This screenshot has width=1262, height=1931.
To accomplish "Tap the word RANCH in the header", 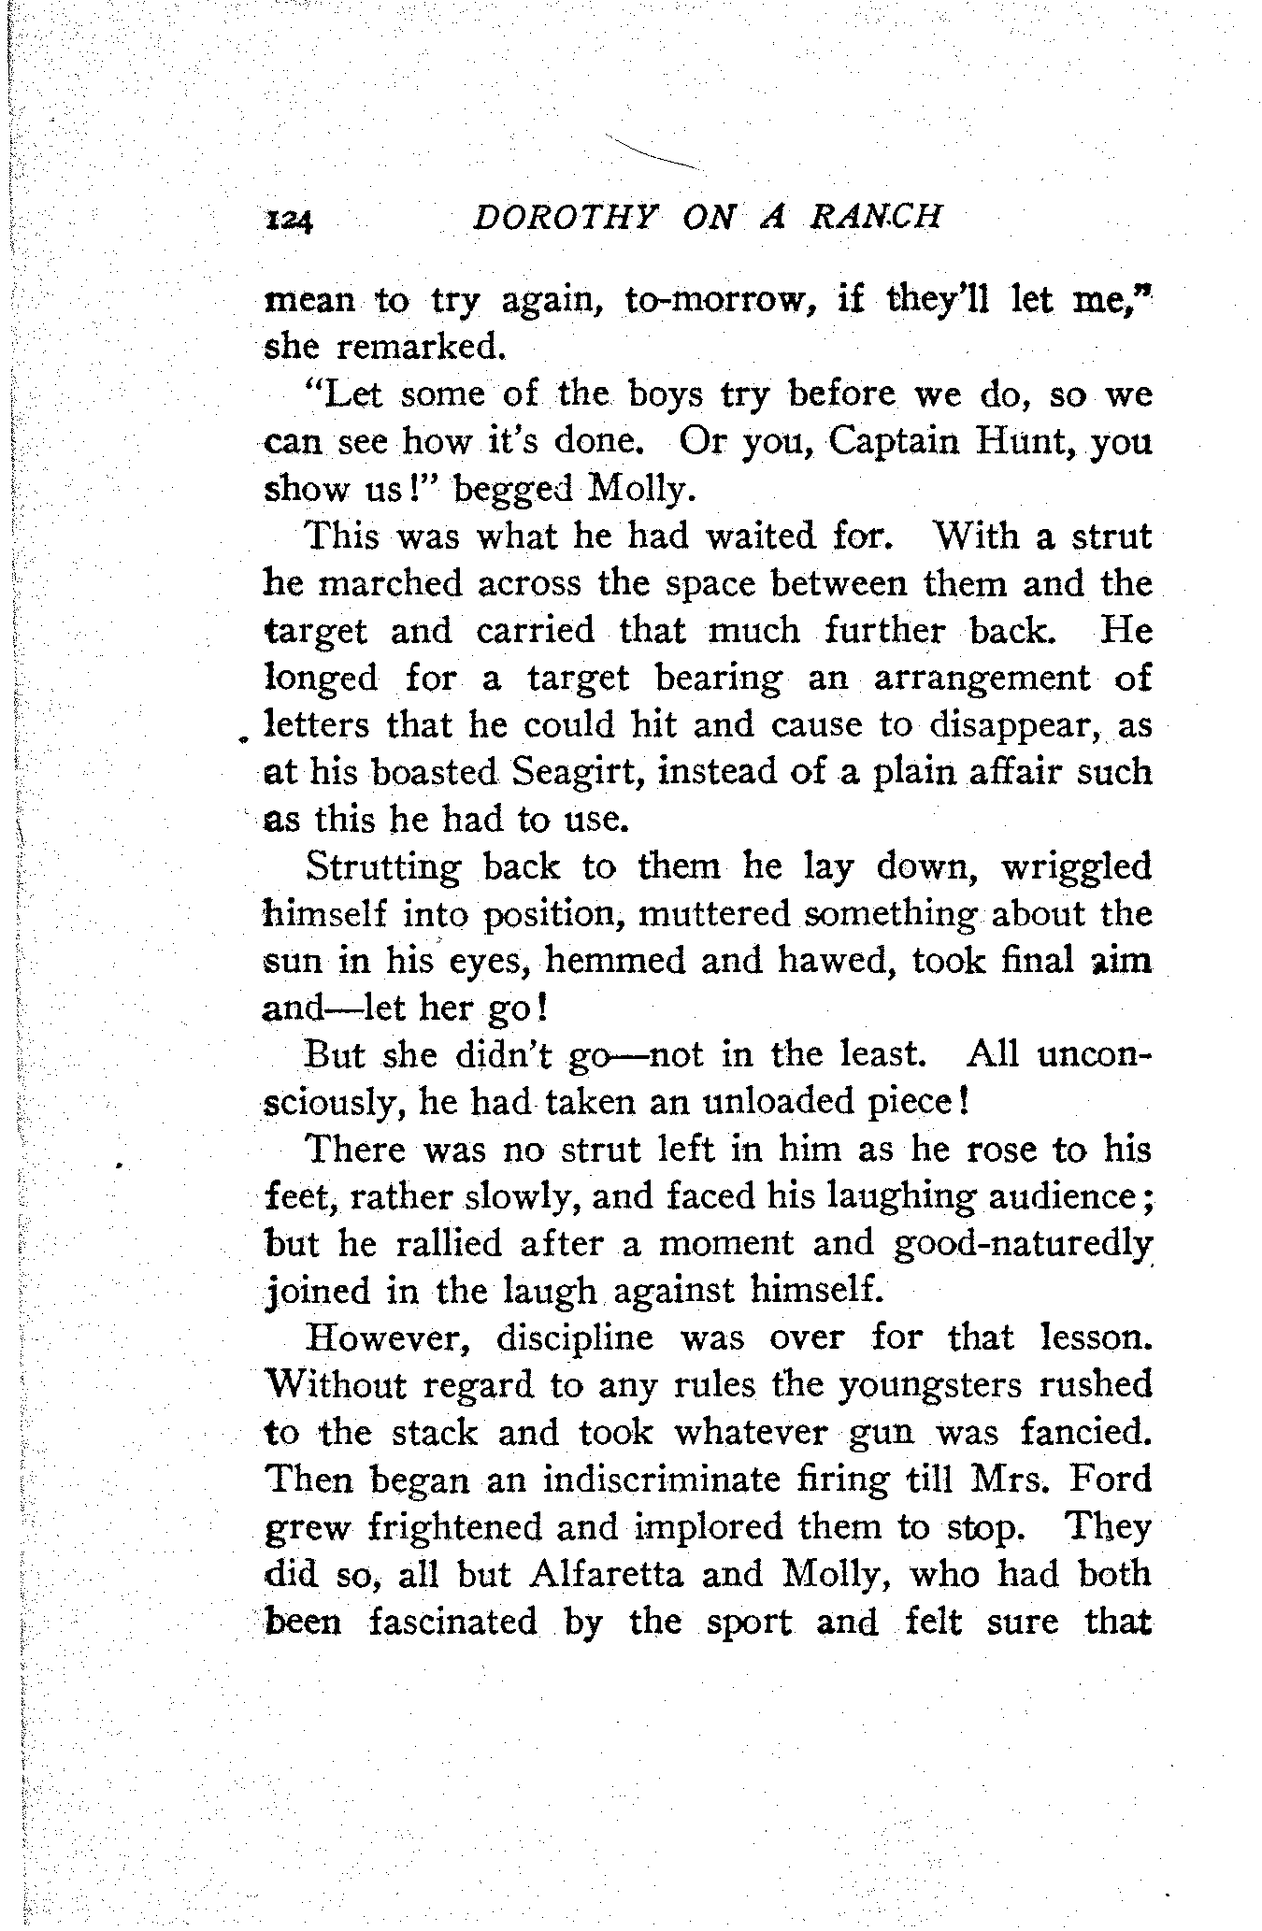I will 876,218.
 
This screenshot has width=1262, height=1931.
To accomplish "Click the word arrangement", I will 982,678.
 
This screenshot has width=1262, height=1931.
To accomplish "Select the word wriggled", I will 1076,868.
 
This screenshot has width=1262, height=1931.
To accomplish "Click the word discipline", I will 574,1338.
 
